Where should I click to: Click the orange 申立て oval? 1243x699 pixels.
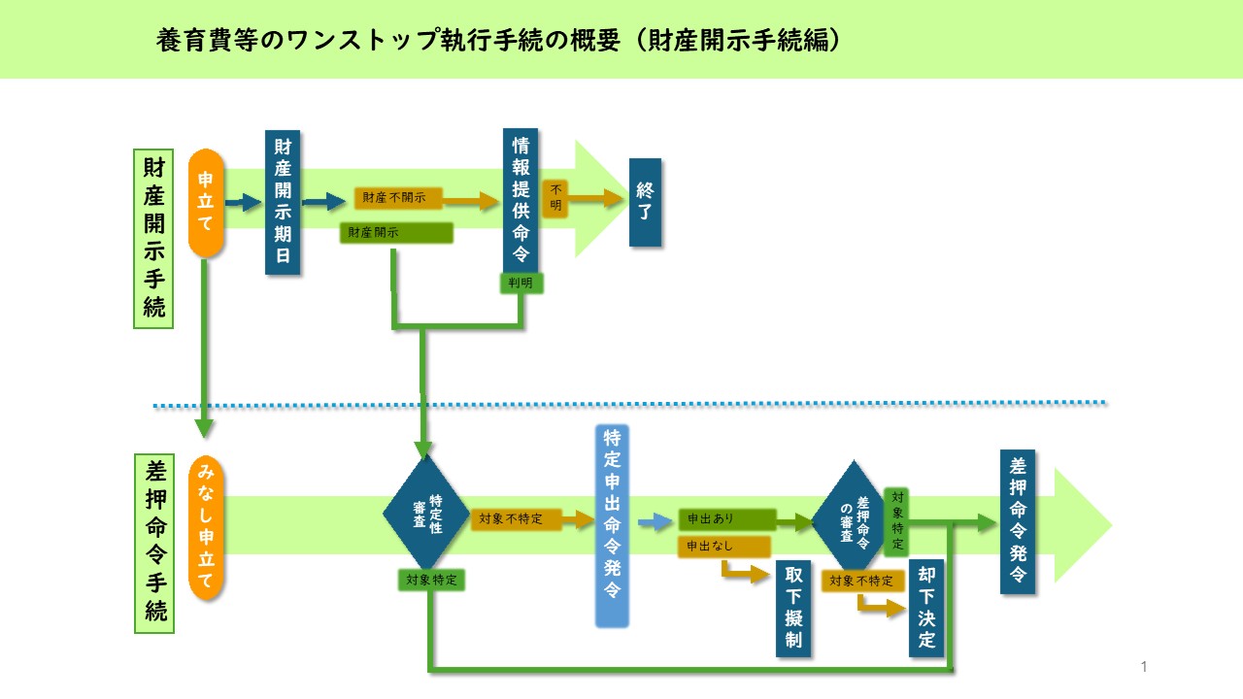pos(206,202)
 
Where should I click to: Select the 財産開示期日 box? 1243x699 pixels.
pos(283,202)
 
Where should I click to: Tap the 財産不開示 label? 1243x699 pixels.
pos(398,199)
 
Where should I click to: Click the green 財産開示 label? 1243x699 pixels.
pos(396,233)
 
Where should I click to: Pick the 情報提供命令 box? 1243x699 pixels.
pos(521,200)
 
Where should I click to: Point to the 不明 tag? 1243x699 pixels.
pos(554,198)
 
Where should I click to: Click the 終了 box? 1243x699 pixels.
pos(645,202)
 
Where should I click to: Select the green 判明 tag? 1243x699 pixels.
pos(521,283)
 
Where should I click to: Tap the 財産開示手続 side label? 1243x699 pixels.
pos(153,239)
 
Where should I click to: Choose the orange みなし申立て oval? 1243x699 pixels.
pos(207,528)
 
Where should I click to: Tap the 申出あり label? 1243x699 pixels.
pos(726,519)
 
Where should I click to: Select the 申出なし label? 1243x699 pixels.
pos(723,547)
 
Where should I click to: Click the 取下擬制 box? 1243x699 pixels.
pos(792,609)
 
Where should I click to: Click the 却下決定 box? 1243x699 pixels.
pos(925,608)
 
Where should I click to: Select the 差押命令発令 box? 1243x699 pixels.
pos(1018,521)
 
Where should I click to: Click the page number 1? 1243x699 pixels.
pos(1144,666)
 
